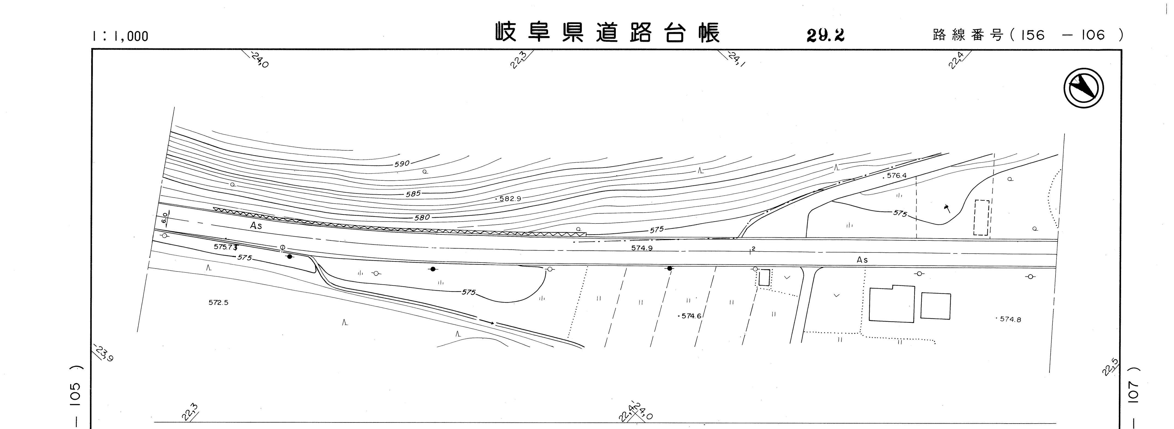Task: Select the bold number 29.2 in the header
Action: point(825,35)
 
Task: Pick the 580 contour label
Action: point(422,218)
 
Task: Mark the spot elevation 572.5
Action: point(218,302)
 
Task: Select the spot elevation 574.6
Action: point(691,315)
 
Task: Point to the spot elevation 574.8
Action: point(1010,319)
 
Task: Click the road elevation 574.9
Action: point(642,248)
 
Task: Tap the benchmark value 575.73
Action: point(226,247)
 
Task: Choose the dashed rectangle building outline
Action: point(981,218)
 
